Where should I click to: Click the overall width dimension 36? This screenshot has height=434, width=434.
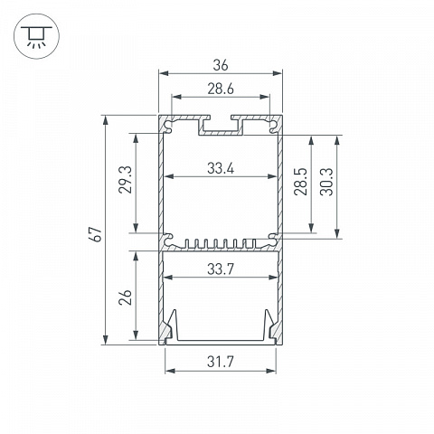pyautogui.click(x=221, y=65)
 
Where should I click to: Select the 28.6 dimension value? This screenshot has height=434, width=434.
pyautogui.click(x=221, y=89)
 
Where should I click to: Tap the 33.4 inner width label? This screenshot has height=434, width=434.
pyautogui.click(x=221, y=168)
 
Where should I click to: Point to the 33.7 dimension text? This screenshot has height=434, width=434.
pyautogui.click(x=221, y=269)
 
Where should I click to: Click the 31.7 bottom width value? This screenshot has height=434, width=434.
pyautogui.click(x=221, y=362)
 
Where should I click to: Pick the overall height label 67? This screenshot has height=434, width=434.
pyautogui.click(x=97, y=234)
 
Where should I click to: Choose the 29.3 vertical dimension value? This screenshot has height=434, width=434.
pyautogui.click(x=125, y=180)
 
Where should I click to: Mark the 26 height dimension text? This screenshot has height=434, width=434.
pyautogui.click(x=125, y=297)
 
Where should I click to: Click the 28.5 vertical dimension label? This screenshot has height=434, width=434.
pyautogui.click(x=300, y=182)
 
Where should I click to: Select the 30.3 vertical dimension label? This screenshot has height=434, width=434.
pyautogui.click(x=326, y=182)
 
